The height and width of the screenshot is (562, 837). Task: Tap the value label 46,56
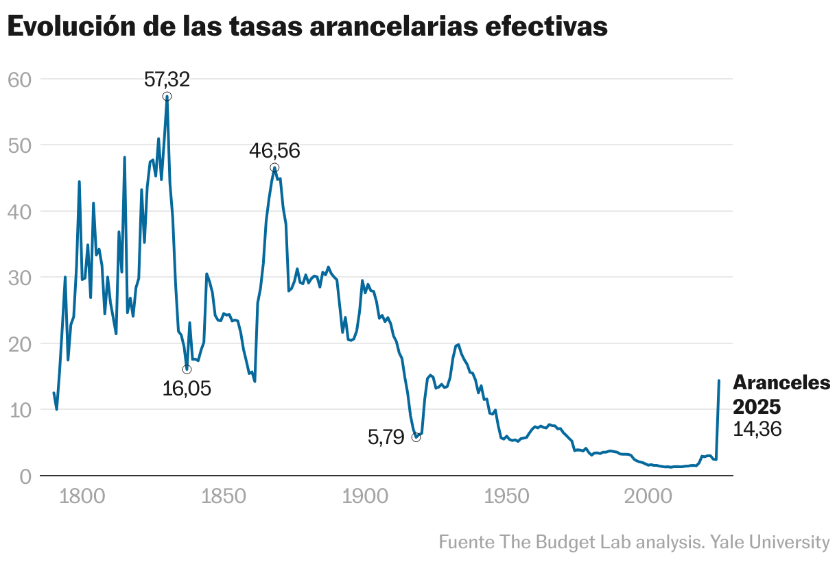point(274,151)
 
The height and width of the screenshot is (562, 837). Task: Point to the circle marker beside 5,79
point(416,437)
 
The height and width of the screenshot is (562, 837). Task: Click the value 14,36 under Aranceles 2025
point(757,430)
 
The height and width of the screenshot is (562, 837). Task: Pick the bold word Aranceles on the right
point(781,383)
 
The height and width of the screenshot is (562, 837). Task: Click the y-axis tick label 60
point(21,80)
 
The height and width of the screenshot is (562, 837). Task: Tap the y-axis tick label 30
point(21,278)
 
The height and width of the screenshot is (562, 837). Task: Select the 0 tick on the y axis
point(26,476)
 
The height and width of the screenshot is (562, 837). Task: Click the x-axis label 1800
point(82,496)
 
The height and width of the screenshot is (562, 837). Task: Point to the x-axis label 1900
point(364,496)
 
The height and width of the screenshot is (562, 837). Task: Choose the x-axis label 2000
point(646,496)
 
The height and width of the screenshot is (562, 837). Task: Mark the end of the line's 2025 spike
point(719,380)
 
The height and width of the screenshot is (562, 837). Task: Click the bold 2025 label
point(757,406)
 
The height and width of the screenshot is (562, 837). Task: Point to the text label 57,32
point(167,80)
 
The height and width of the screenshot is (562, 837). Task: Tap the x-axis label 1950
point(505,496)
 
